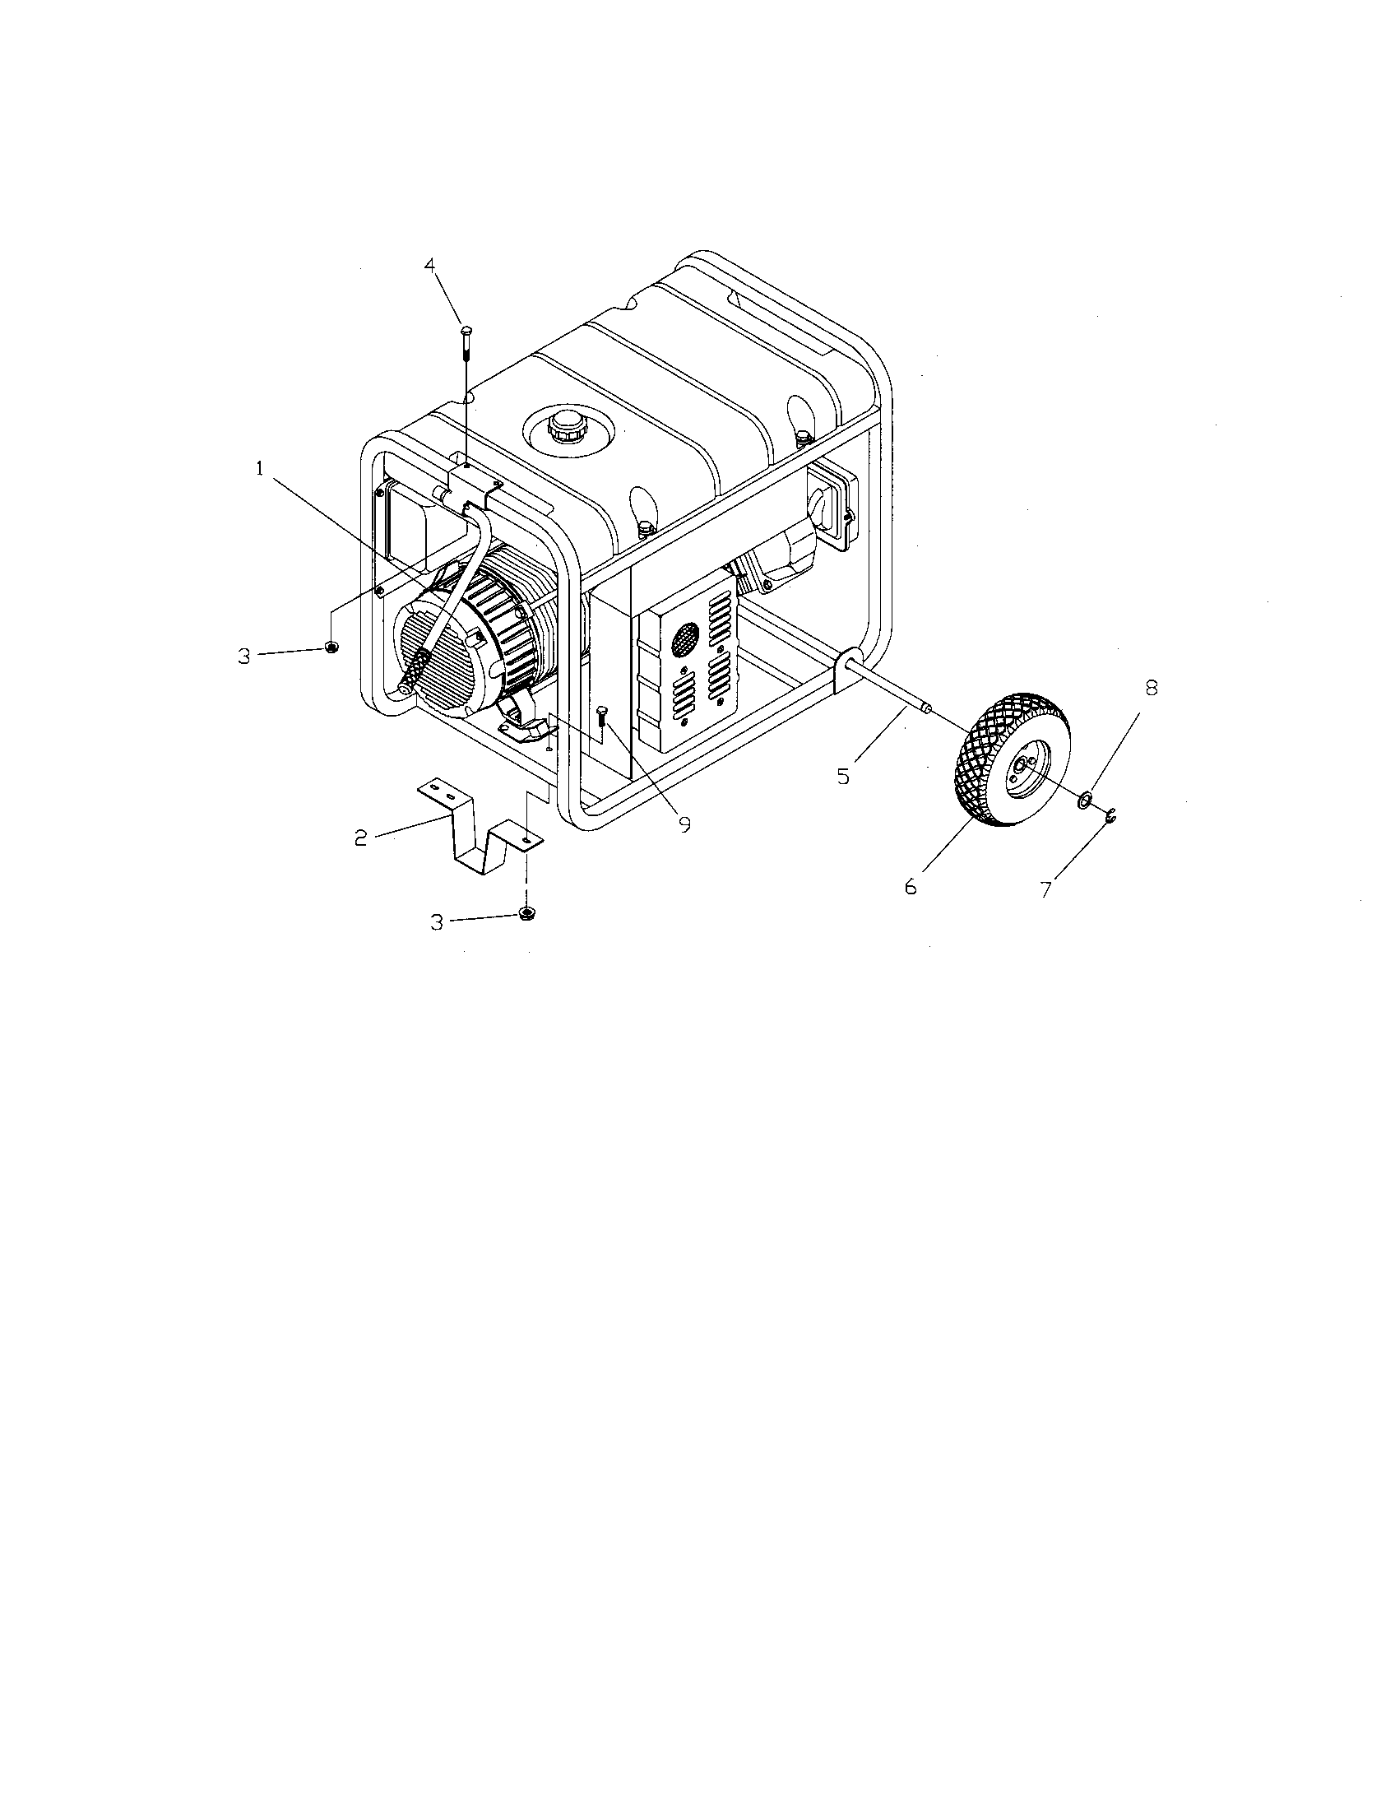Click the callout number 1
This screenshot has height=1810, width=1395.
pyautogui.click(x=260, y=469)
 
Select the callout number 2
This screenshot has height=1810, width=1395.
pyautogui.click(x=360, y=838)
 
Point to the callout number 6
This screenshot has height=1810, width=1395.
pyautogui.click(x=911, y=887)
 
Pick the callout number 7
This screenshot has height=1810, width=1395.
pyautogui.click(x=1046, y=889)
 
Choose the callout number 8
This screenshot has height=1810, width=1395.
pyautogui.click(x=1151, y=687)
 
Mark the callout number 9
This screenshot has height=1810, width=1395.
pyautogui.click(x=684, y=825)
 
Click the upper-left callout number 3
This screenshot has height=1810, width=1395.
pyautogui.click(x=243, y=657)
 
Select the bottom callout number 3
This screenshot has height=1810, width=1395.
pyautogui.click(x=437, y=922)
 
